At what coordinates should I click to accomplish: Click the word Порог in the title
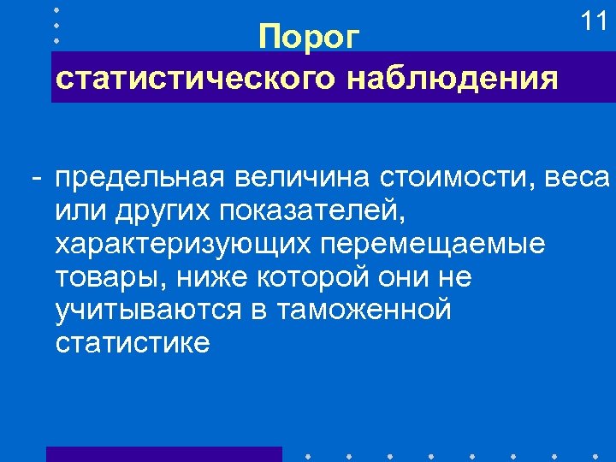[x=311, y=38]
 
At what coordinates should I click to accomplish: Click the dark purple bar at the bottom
[x=163, y=453]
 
